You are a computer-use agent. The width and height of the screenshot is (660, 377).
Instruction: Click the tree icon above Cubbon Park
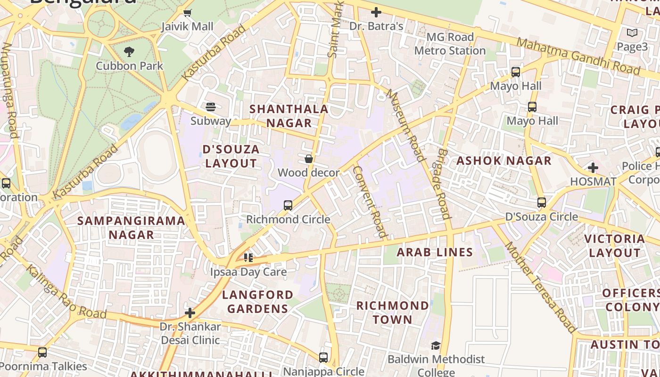[129, 51]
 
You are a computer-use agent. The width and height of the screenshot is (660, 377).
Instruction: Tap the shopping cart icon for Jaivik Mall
[187, 13]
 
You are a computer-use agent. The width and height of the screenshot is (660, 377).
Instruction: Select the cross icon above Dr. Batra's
[376, 12]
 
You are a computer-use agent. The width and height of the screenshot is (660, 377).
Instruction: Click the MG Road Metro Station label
[450, 44]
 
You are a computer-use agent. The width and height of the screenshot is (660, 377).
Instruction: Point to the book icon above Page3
[632, 33]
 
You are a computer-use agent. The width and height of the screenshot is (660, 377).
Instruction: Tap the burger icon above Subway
[211, 107]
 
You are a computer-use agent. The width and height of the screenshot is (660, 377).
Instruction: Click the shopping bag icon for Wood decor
[309, 159]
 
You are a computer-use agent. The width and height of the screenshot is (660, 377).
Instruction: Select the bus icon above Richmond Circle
[288, 205]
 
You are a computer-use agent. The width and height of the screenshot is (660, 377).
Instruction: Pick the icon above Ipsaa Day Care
[248, 258]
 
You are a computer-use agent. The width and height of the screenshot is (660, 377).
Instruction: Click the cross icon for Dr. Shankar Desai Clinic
[190, 312]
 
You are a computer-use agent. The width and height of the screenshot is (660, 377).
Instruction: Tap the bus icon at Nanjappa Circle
[323, 357]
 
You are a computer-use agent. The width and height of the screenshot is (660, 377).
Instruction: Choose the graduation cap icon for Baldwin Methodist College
[436, 346]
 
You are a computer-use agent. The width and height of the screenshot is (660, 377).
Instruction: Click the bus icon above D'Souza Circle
[542, 203]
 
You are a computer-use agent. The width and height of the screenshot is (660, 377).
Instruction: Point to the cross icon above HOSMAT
[593, 167]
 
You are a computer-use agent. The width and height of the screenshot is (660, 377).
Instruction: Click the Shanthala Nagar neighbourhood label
[289, 116]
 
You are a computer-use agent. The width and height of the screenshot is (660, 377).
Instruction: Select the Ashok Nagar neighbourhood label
[503, 161]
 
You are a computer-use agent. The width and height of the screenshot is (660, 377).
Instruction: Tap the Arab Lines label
[435, 252]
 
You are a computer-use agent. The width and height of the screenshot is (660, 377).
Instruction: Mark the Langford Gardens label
[257, 302]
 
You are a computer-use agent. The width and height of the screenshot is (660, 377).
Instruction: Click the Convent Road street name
[370, 202]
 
